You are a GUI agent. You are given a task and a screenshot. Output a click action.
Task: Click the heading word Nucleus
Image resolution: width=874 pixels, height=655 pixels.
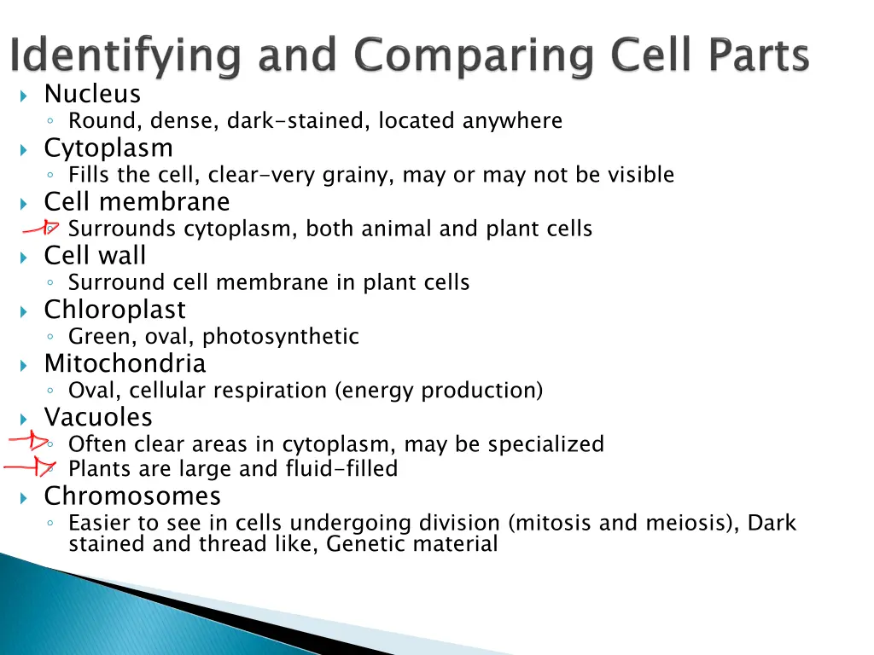92,94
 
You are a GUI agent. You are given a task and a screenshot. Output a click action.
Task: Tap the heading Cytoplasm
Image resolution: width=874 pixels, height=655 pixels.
108,148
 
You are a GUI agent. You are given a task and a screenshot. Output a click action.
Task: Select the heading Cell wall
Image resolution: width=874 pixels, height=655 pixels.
95,256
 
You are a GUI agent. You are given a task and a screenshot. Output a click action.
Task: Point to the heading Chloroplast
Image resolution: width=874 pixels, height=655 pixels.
114,310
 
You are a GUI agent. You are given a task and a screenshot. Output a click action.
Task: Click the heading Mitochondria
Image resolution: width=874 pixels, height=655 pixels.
125,364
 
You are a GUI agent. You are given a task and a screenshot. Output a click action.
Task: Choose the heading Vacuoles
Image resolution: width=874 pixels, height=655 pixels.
98,418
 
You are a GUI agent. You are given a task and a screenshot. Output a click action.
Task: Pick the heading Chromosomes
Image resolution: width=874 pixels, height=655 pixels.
132,496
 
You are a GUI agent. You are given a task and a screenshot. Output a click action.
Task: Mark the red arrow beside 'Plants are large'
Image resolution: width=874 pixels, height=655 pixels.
31,467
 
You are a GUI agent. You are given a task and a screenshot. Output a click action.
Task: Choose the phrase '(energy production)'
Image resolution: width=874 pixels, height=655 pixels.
439,391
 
